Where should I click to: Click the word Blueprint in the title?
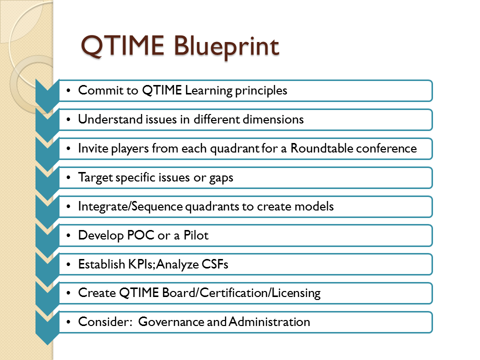pos(226,46)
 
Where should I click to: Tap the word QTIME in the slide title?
pos(122,46)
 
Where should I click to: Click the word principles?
pos(261,91)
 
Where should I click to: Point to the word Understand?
pos(110,119)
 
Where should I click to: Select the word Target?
pos(95,177)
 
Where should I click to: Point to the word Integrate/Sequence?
pos(130,206)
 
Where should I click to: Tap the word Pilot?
pos(196,235)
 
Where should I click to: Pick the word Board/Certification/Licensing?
pos(241,293)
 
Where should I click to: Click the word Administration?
pos(269,321)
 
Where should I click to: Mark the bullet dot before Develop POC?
pos(68,235)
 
